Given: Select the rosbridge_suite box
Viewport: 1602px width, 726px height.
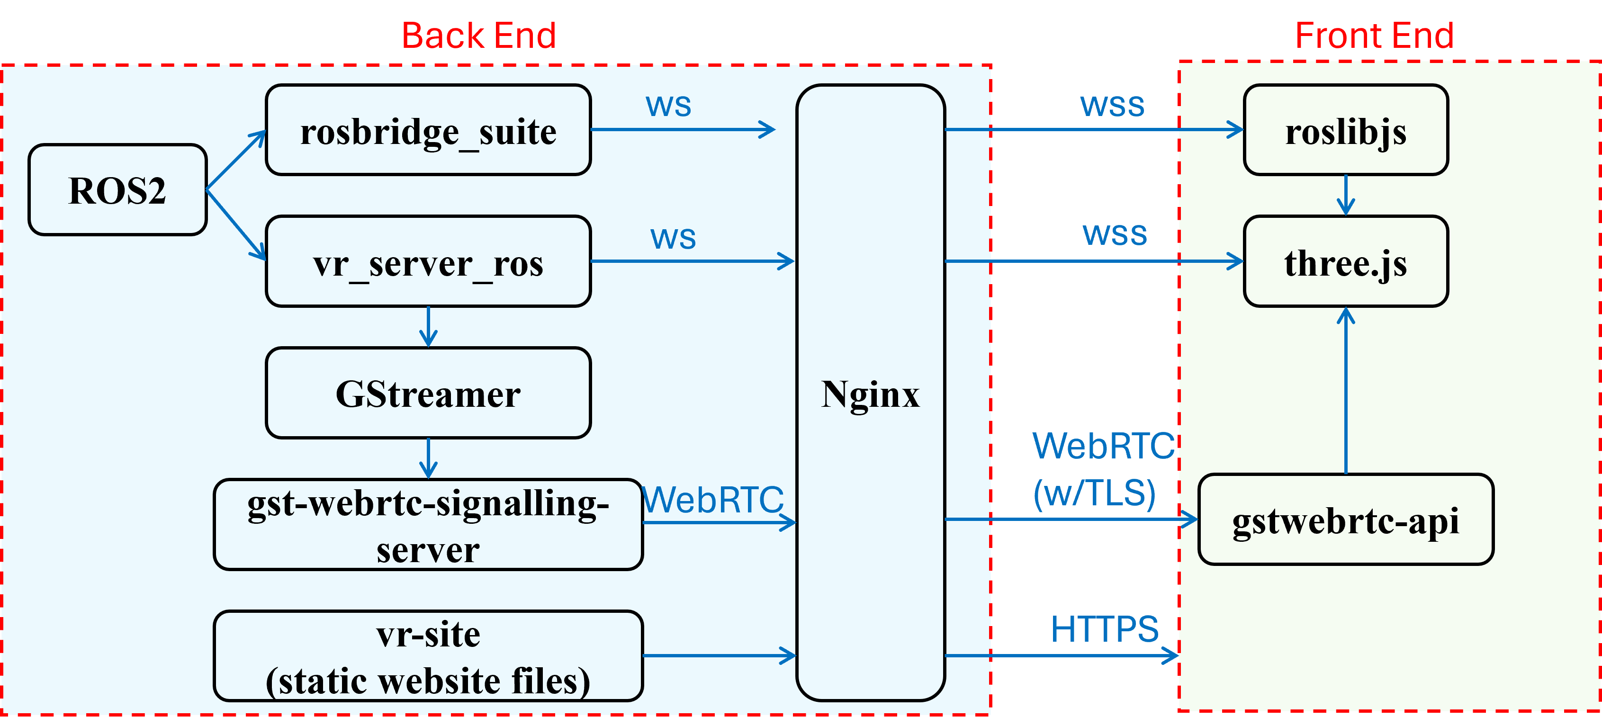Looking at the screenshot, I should pyautogui.click(x=428, y=131).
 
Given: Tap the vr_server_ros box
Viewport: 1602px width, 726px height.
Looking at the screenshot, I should pyautogui.click(x=428, y=262).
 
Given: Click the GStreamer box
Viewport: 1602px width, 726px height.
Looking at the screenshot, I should pyautogui.click(x=428, y=393).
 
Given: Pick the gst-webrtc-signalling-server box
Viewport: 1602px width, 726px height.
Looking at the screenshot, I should pyautogui.click(x=428, y=525).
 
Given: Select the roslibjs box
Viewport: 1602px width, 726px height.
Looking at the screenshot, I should pyautogui.click(x=1346, y=131).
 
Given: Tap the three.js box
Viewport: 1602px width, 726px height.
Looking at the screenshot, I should pyautogui.click(x=1346, y=262).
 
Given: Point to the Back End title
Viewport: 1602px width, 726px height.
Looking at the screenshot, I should pyautogui.click(x=478, y=36).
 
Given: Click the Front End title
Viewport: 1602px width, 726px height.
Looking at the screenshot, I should pyautogui.click(x=1374, y=36).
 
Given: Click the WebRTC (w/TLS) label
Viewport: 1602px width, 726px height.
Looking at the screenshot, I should pyautogui.click(x=1102, y=469).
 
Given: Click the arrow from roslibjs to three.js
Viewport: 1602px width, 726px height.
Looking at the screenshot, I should pyautogui.click(x=1346, y=195).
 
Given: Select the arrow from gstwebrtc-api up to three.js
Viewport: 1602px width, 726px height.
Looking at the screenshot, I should pyautogui.click(x=1346, y=392).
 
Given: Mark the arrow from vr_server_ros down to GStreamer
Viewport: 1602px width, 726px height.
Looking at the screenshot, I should pyautogui.click(x=428, y=327).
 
